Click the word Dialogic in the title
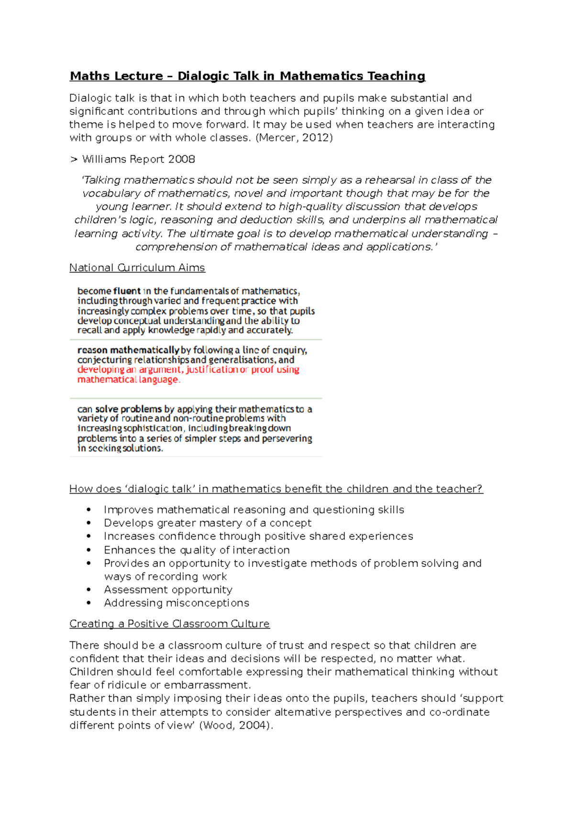tap(203, 76)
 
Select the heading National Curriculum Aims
tap(137, 268)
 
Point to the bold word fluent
tap(127, 291)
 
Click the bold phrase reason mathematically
tap(128, 350)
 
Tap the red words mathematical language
tap(128, 380)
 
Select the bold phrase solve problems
tap(128, 409)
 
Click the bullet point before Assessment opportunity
tap(89, 590)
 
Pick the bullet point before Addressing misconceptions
tap(89, 603)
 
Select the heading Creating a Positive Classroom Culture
tap(169, 624)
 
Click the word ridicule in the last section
tap(123, 686)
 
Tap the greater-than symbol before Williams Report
tap(74, 159)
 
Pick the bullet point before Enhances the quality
tap(89, 550)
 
